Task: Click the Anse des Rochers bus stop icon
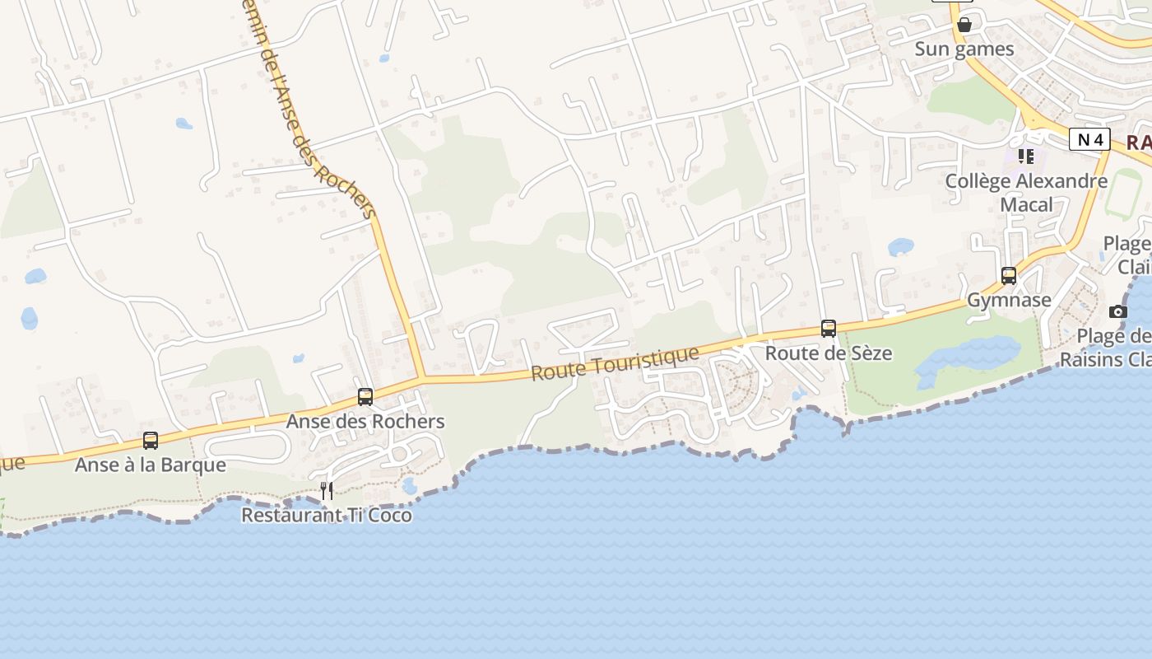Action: click(365, 397)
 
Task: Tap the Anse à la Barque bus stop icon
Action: click(151, 441)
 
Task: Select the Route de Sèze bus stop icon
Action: click(829, 329)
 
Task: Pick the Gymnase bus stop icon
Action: click(1009, 276)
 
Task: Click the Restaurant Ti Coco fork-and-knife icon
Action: click(327, 491)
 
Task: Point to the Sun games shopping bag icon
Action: click(964, 25)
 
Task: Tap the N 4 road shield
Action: click(1089, 140)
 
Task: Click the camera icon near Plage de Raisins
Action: click(1117, 311)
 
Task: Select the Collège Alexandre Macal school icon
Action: click(1025, 156)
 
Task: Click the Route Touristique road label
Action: click(615, 363)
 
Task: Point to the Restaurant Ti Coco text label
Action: click(327, 516)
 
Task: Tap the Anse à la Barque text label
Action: click(151, 465)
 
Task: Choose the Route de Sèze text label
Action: click(829, 353)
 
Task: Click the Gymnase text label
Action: click(1009, 300)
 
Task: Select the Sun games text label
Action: click(964, 49)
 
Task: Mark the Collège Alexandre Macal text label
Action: click(1026, 192)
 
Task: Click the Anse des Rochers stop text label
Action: click(365, 422)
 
